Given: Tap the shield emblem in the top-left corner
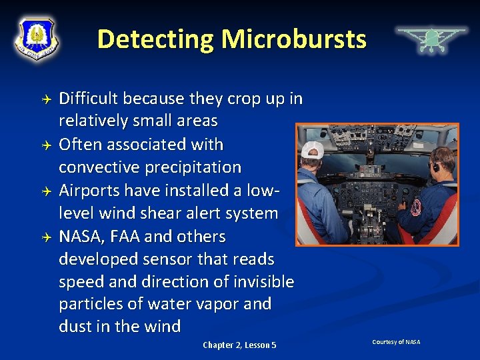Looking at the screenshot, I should click(x=37, y=38).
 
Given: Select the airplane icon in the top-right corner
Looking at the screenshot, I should click(x=431, y=39).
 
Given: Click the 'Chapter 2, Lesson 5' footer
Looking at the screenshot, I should click(x=239, y=345).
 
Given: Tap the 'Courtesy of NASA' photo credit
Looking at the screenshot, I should click(x=396, y=342).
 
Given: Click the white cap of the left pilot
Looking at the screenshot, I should click(x=312, y=149).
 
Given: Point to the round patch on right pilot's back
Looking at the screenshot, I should click(x=417, y=207).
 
